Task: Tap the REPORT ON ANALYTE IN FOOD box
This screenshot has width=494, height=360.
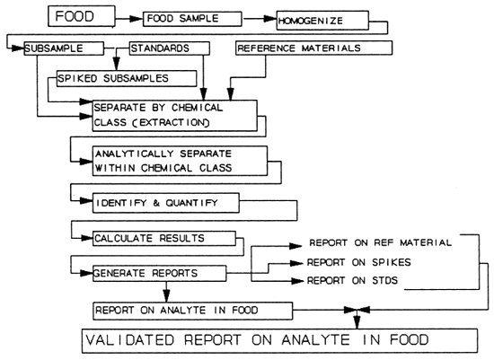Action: point(194,311)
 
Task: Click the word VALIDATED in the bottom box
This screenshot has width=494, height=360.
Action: point(133,341)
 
